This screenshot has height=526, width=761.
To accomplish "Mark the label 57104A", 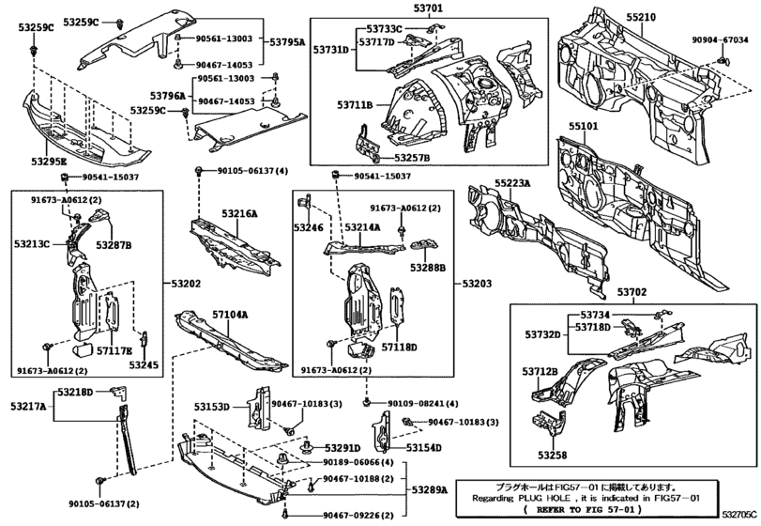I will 228,317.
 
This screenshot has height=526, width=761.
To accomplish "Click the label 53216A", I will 238,214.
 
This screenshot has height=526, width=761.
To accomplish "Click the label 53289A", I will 433,489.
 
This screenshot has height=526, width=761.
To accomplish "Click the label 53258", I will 551,455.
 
